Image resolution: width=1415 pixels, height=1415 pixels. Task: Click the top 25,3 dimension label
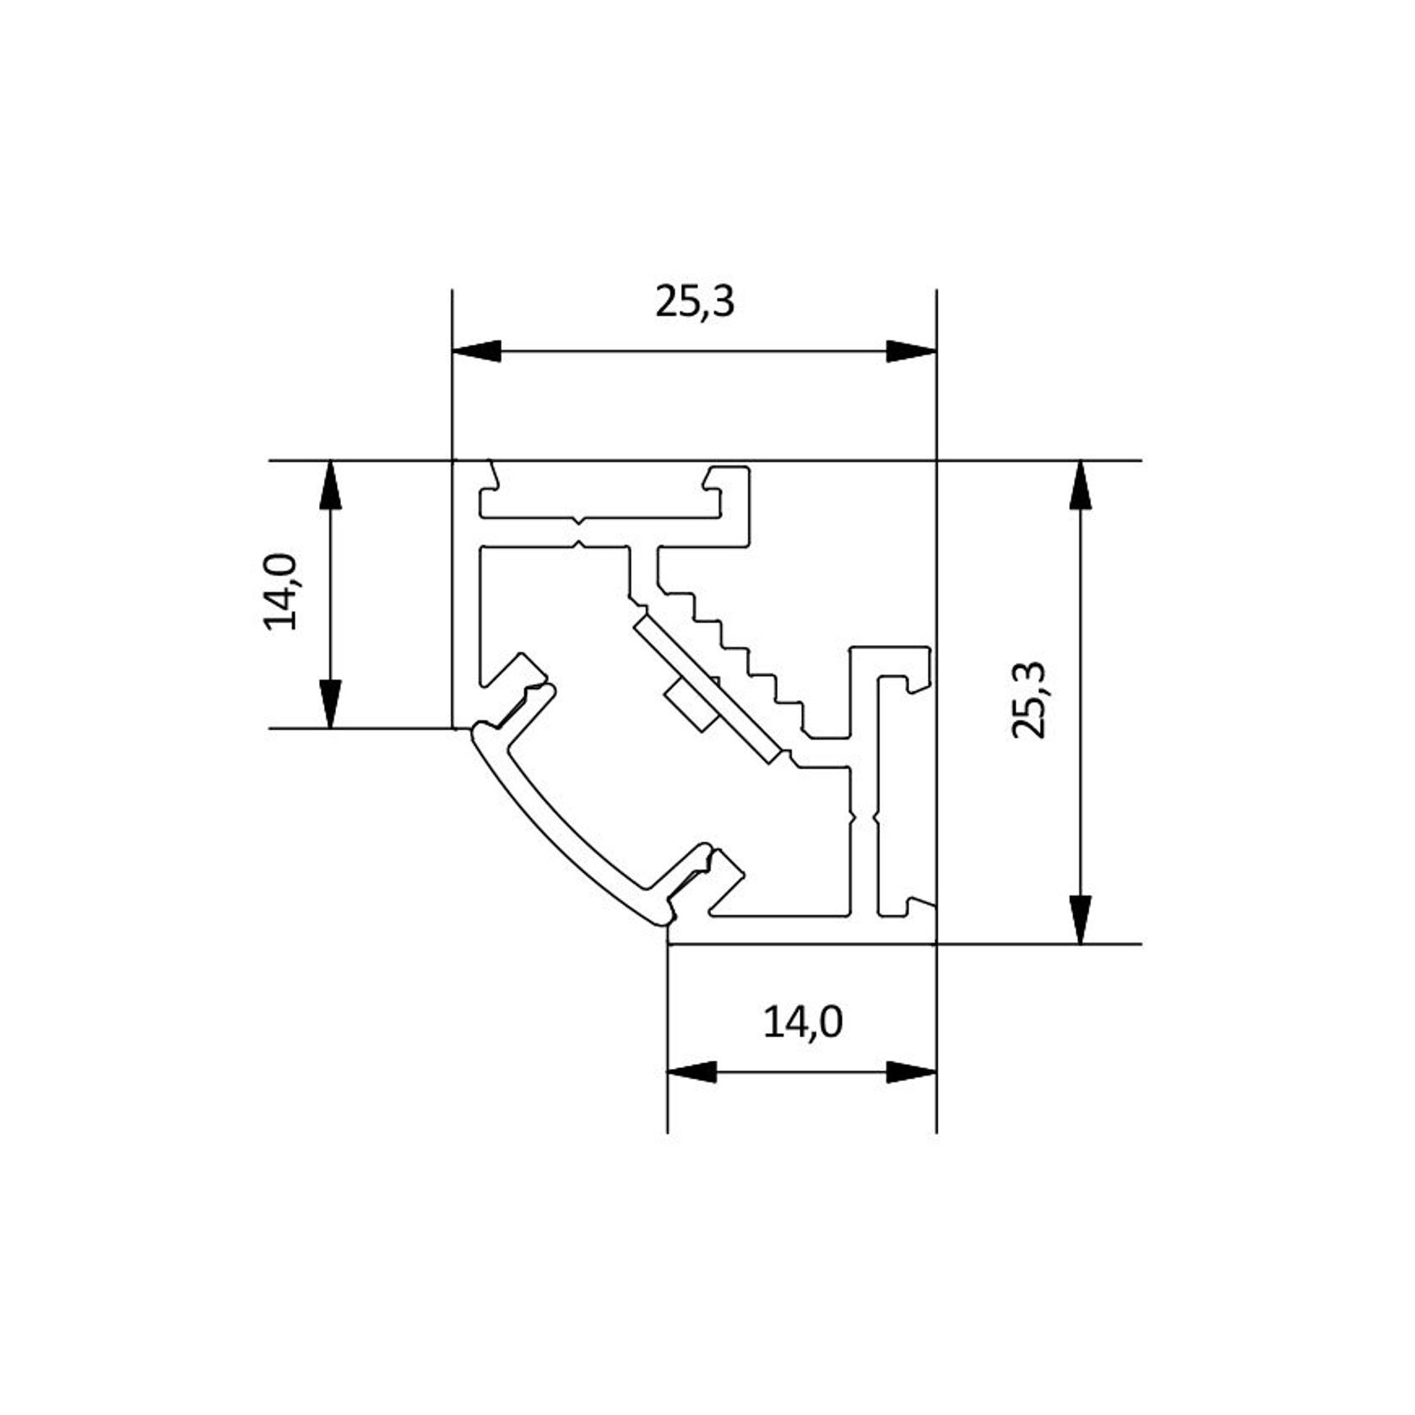pos(695,302)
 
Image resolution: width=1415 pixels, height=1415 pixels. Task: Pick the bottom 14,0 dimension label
pos(803,1023)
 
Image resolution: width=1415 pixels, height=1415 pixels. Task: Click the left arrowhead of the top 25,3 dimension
pos(477,351)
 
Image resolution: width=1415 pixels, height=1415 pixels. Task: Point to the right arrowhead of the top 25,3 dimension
pos(912,351)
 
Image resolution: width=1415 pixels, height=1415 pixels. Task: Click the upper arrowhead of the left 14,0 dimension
pos(331,485)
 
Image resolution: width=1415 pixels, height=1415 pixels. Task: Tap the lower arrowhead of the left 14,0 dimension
pos(331,703)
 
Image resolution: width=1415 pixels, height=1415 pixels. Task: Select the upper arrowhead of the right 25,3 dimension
pos(1080,485)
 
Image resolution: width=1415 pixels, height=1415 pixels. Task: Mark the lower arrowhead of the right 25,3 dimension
pos(1080,919)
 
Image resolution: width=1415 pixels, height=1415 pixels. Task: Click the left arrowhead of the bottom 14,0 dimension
pos(691,1072)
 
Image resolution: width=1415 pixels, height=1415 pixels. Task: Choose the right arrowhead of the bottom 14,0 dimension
pos(913,1072)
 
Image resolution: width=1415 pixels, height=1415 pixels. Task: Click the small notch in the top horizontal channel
pos(578,532)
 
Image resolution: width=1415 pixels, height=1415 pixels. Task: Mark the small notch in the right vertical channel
pos(862,817)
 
